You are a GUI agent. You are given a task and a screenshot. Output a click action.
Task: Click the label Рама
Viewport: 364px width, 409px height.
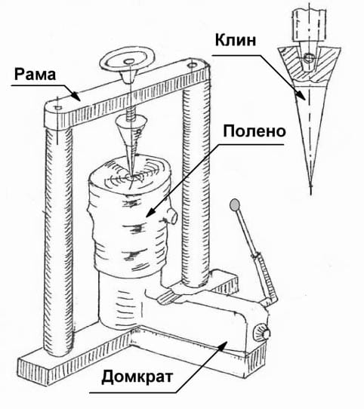(35, 75)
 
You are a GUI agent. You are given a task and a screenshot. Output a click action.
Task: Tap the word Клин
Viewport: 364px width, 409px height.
(236, 41)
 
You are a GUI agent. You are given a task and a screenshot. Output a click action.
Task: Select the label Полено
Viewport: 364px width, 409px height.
(254, 131)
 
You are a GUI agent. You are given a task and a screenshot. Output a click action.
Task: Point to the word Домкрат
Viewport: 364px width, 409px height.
(137, 377)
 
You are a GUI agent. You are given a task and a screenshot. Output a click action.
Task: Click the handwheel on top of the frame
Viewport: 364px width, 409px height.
(128, 62)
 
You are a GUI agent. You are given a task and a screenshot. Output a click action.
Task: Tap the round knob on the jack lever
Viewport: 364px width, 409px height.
(235, 204)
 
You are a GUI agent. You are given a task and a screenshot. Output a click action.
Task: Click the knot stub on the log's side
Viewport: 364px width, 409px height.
(172, 217)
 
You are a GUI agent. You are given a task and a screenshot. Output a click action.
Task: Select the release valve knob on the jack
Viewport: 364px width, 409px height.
(262, 332)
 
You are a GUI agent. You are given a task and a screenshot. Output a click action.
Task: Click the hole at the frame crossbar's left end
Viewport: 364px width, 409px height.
(57, 107)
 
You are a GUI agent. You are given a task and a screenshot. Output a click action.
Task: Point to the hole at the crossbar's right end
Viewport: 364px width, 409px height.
(193, 64)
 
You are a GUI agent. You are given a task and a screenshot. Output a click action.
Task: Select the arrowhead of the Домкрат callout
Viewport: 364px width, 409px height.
(222, 344)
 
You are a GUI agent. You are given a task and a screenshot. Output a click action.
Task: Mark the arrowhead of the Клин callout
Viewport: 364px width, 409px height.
(301, 95)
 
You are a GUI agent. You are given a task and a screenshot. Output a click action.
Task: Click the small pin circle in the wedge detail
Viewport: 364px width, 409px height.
(308, 57)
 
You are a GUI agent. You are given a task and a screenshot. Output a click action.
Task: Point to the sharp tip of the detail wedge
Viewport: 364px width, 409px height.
(310, 185)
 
